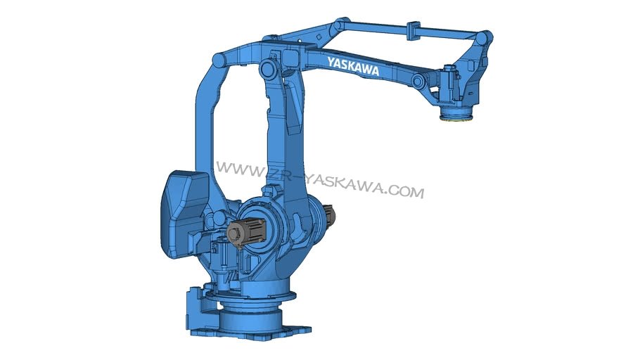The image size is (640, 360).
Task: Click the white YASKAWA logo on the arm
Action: [x=353, y=67]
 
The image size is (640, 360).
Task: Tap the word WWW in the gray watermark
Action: [x=240, y=169]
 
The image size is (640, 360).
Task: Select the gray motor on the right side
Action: [x=329, y=216]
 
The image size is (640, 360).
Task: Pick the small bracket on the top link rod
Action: [x=413, y=32]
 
